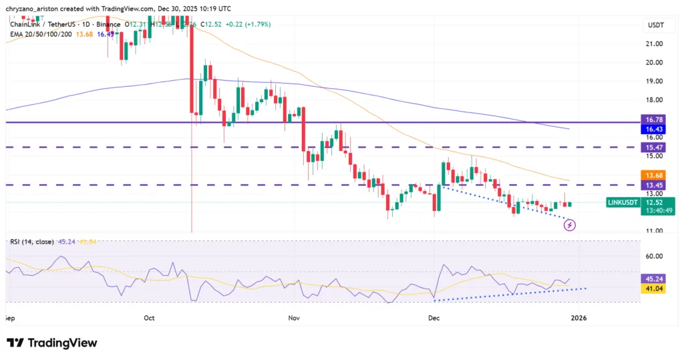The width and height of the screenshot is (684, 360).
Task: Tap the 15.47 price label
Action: coord(654,146)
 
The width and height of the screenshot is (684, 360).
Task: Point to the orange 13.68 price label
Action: coord(654,175)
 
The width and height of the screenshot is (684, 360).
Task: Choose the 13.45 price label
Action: coord(654,184)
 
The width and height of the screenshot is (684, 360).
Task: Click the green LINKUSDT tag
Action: coord(626,202)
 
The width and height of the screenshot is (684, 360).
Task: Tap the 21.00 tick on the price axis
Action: coord(654,44)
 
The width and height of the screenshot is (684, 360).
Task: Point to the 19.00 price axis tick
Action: coord(654,81)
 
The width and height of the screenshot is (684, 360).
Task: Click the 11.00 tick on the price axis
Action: coord(654,231)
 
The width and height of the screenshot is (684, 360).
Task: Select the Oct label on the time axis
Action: coord(149,319)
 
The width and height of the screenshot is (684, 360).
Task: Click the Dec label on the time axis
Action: coord(434,319)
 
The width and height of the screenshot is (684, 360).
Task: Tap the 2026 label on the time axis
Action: coord(578,319)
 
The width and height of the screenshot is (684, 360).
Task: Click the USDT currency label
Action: coord(654,25)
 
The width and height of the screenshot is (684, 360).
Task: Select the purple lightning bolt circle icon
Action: coord(569,225)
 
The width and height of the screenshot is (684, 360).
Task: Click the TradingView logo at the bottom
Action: coord(52,343)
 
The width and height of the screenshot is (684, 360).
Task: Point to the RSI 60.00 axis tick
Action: coord(654,256)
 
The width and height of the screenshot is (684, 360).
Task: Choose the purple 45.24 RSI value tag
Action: coord(654,279)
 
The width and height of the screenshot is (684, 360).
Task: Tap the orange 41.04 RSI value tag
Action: coord(654,289)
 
